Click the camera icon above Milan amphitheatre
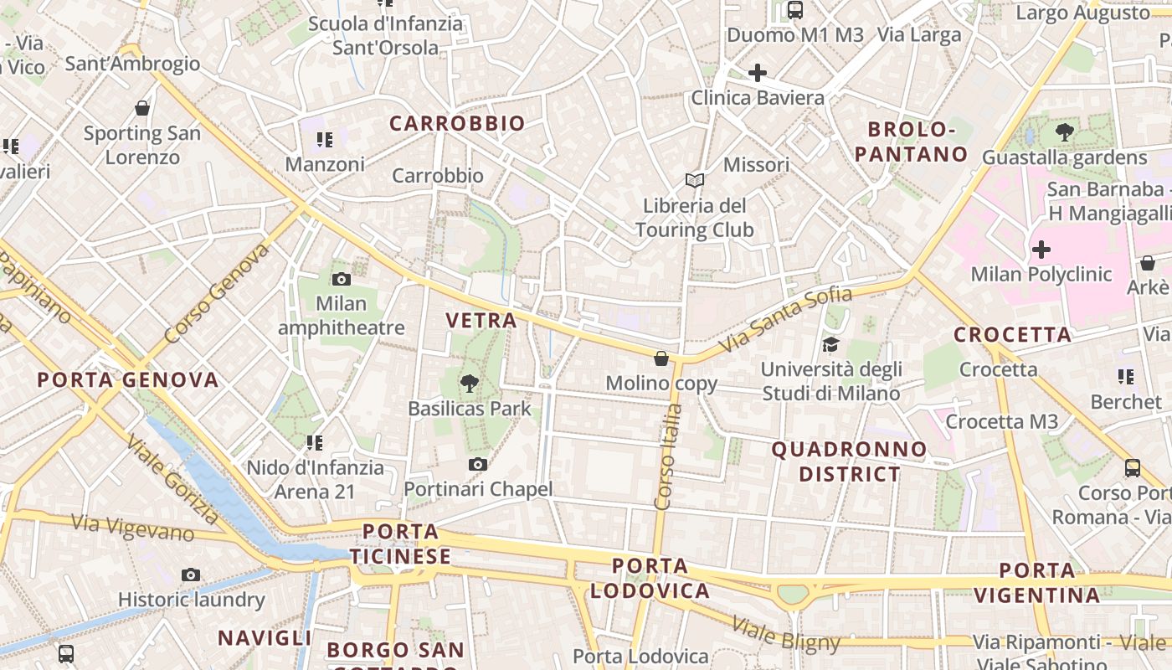pyautogui.click(x=341, y=279)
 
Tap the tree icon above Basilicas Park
pyautogui.click(x=470, y=384)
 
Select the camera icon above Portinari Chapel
pyautogui.click(x=478, y=464)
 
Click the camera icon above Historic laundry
pyautogui.click(x=191, y=575)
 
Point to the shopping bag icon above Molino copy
pyautogui.click(x=661, y=358)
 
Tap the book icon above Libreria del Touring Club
pyautogui.click(x=694, y=180)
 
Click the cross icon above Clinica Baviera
pyautogui.click(x=758, y=73)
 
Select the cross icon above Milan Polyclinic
pyautogui.click(x=1041, y=250)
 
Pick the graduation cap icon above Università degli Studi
pyautogui.click(x=830, y=344)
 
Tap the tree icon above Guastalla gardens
pyautogui.click(x=1065, y=132)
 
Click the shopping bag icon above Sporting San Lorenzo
pyautogui.click(x=142, y=108)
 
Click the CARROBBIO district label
pyautogui.click(x=457, y=124)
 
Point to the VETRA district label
pyautogui.click(x=481, y=320)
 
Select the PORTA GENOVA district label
pyautogui.click(x=128, y=380)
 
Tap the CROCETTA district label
pyautogui.click(x=1012, y=335)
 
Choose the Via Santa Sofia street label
pyautogui.click(x=785, y=318)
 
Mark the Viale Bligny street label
pyautogui.click(x=785, y=634)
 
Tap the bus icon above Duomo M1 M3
pyautogui.click(x=795, y=10)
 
